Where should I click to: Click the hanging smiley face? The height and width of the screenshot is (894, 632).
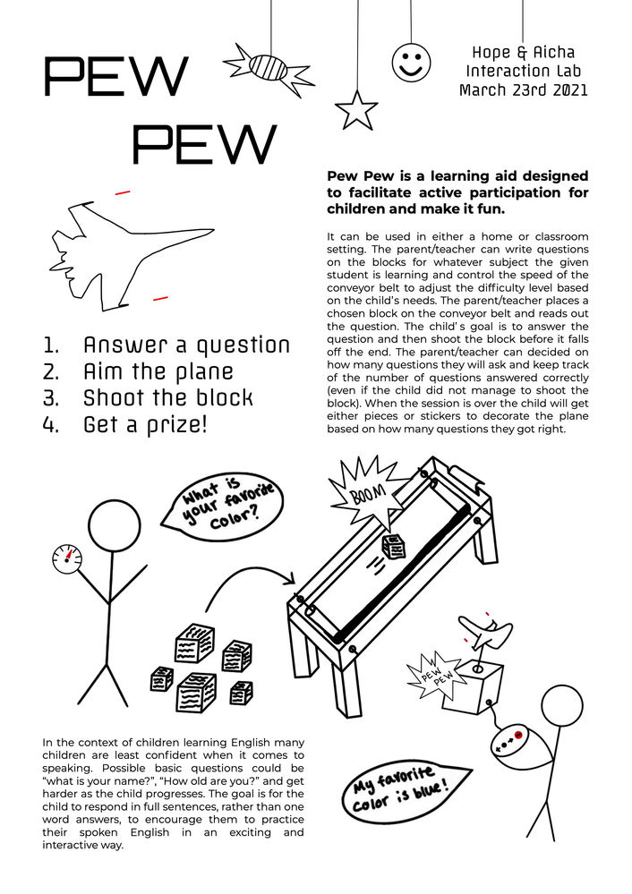[x=411, y=62]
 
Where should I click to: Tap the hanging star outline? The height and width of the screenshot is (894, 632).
[x=355, y=111]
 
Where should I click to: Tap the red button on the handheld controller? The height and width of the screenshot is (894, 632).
[x=517, y=735]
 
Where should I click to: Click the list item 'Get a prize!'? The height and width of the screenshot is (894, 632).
[x=144, y=424]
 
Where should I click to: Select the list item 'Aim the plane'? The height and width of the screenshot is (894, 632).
[x=158, y=371]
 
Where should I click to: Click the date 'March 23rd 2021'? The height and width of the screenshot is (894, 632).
[x=523, y=90]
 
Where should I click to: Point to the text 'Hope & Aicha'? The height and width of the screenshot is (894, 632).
[x=523, y=53]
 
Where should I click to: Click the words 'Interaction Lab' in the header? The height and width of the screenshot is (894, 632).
[x=523, y=72]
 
